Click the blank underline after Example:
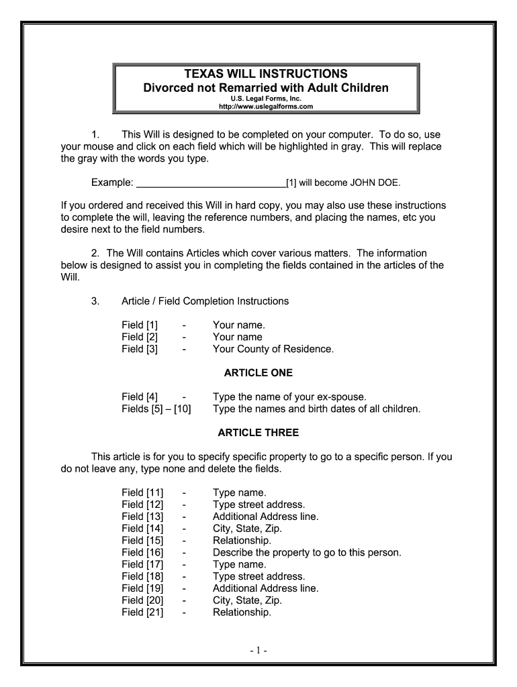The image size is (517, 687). pos(211,182)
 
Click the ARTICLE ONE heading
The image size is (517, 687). pos(258,373)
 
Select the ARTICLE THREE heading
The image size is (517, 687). pos(258,433)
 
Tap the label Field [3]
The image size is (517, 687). pos(140,349)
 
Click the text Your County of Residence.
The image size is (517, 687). pos(273,349)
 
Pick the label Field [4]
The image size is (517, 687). pos(140,397)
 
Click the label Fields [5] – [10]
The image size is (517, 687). pos(156,409)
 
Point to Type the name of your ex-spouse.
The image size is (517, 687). pos(289,397)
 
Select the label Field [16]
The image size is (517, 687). pos(142,552)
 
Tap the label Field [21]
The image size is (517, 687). pos(142,613)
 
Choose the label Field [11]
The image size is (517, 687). pos(142,492)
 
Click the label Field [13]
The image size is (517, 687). pos(142,517)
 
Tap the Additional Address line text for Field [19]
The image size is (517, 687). pos(265,588)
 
